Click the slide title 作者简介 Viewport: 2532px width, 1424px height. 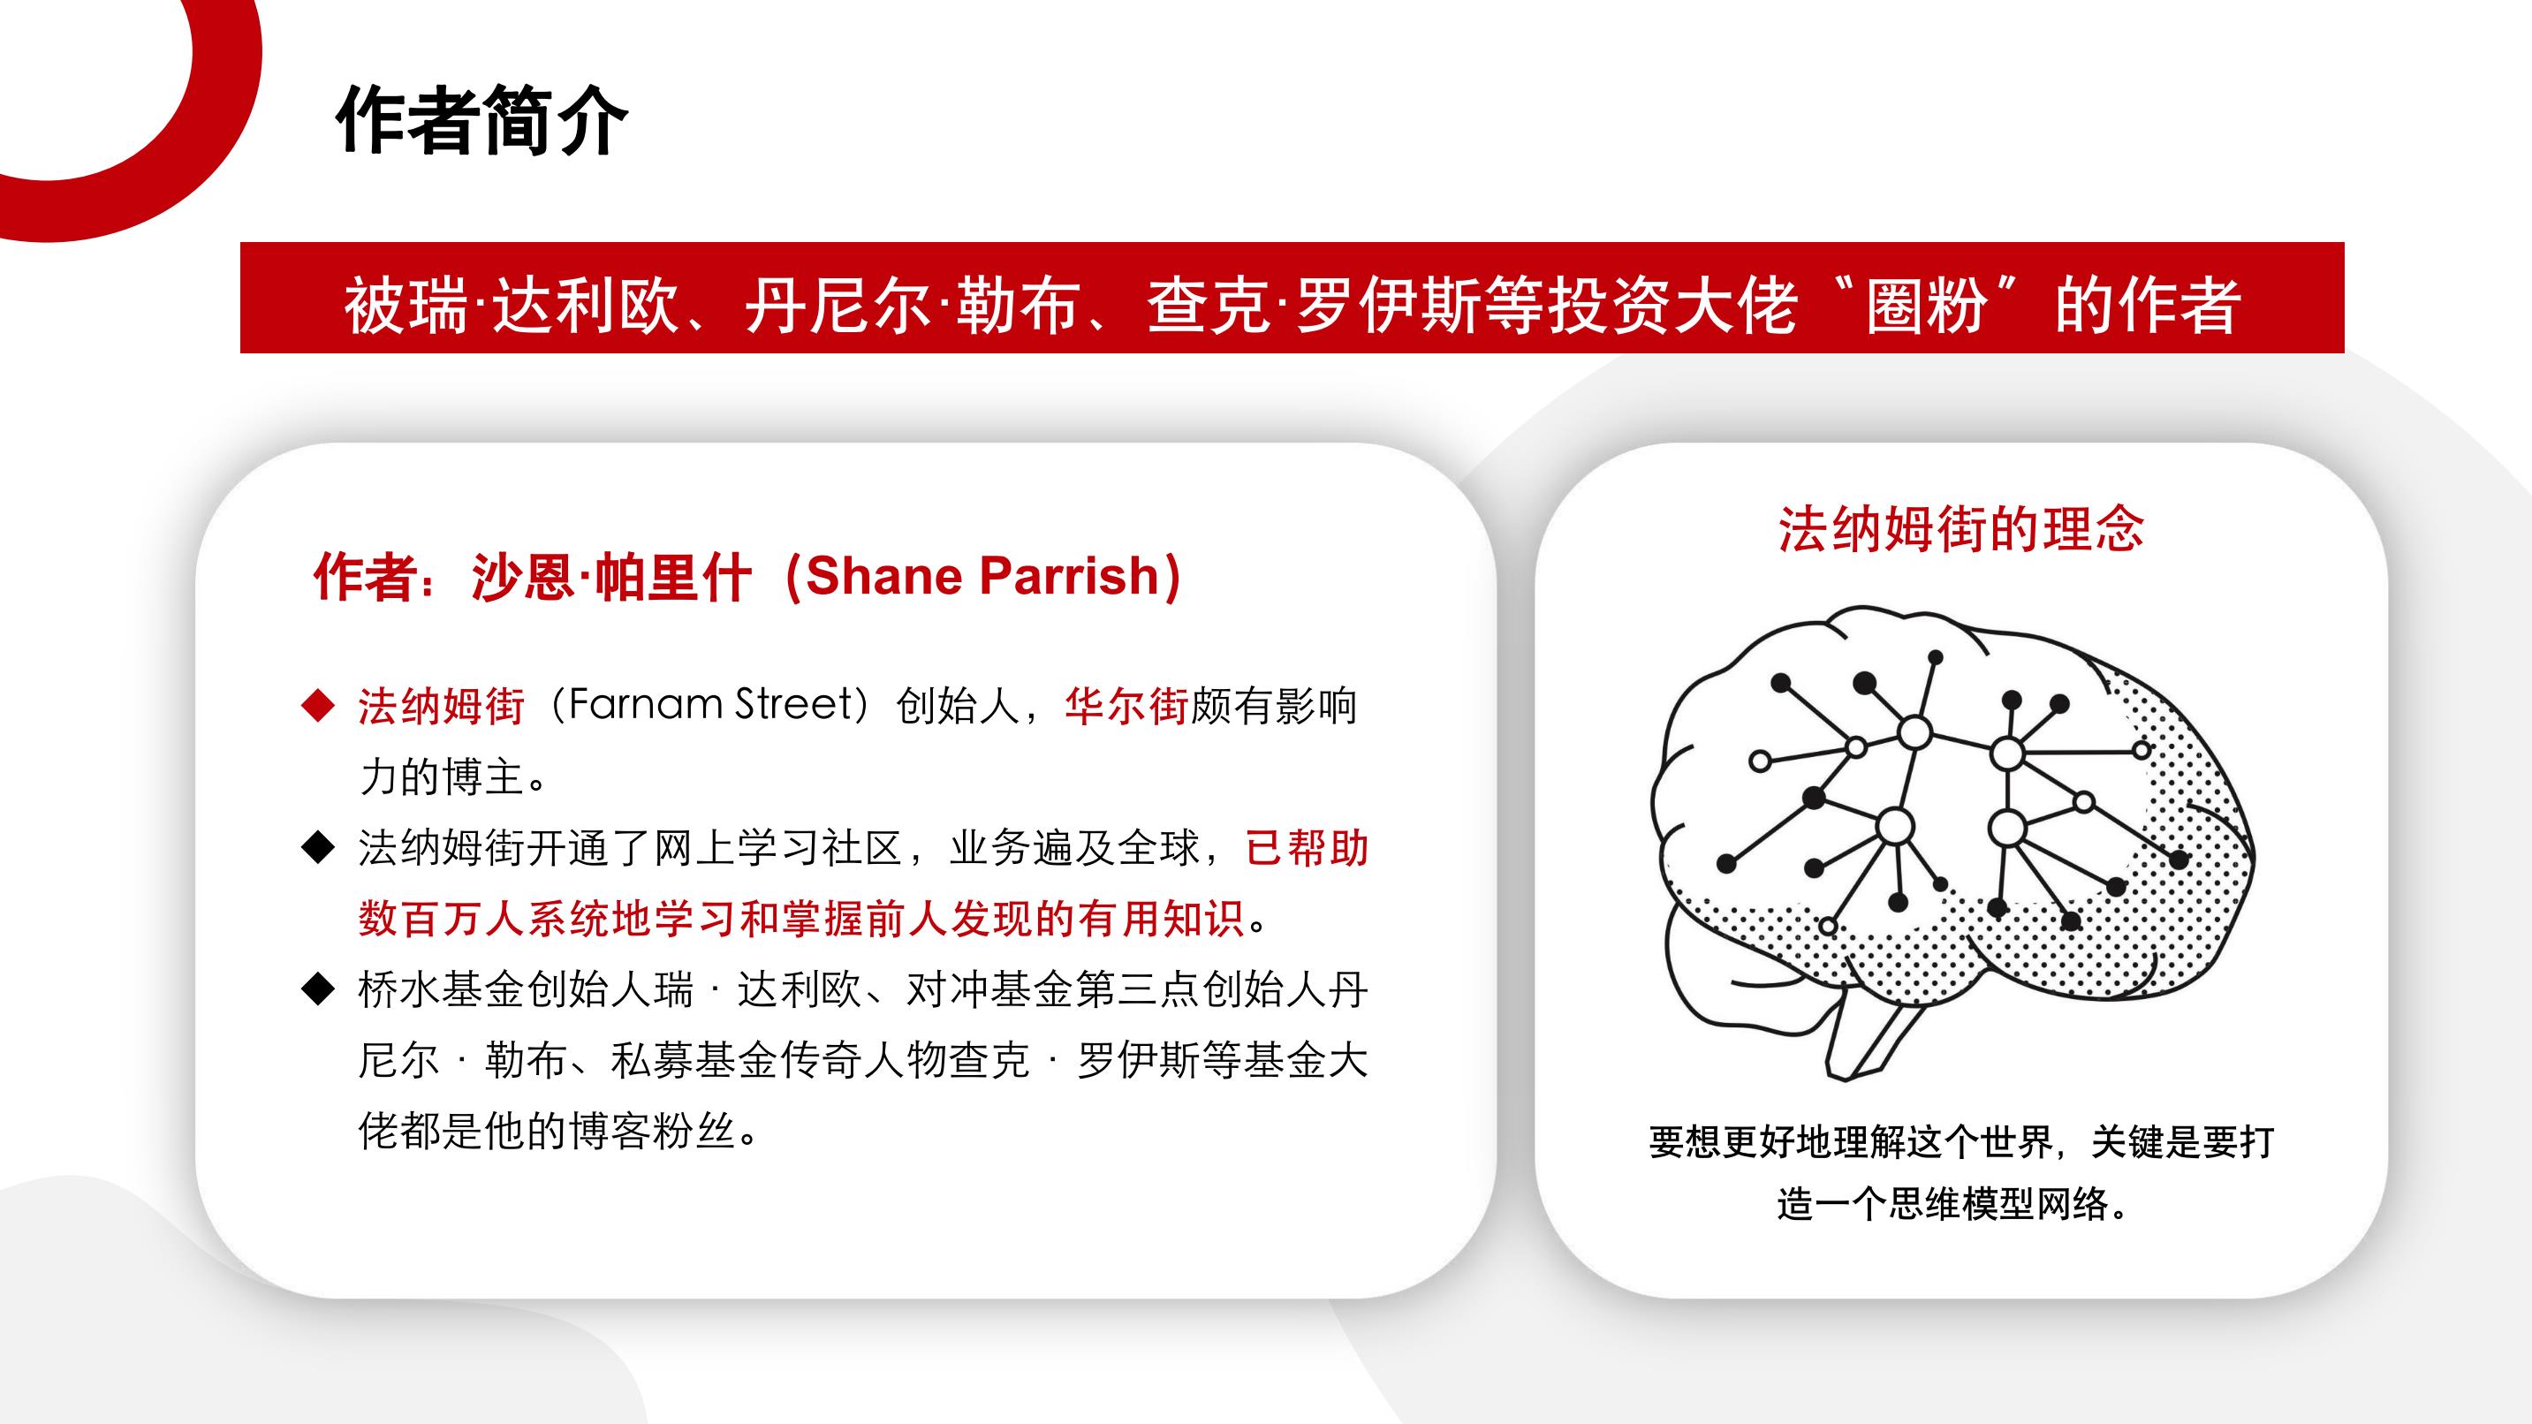[481, 121]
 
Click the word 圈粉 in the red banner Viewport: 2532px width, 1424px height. [1928, 305]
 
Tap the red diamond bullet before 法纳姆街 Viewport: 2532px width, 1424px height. [317, 706]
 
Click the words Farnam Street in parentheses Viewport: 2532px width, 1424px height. [716, 705]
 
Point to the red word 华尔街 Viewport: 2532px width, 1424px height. [1126, 706]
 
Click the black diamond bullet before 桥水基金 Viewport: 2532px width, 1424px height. [317, 988]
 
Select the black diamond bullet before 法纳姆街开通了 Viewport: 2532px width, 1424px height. [317, 847]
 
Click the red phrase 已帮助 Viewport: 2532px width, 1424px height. [1307, 847]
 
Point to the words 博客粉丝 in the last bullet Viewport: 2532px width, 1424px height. [652, 1130]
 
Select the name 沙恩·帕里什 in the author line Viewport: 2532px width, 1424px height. [611, 576]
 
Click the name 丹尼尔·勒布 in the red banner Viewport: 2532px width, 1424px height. [911, 305]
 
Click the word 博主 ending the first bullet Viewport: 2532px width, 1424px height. [482, 776]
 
